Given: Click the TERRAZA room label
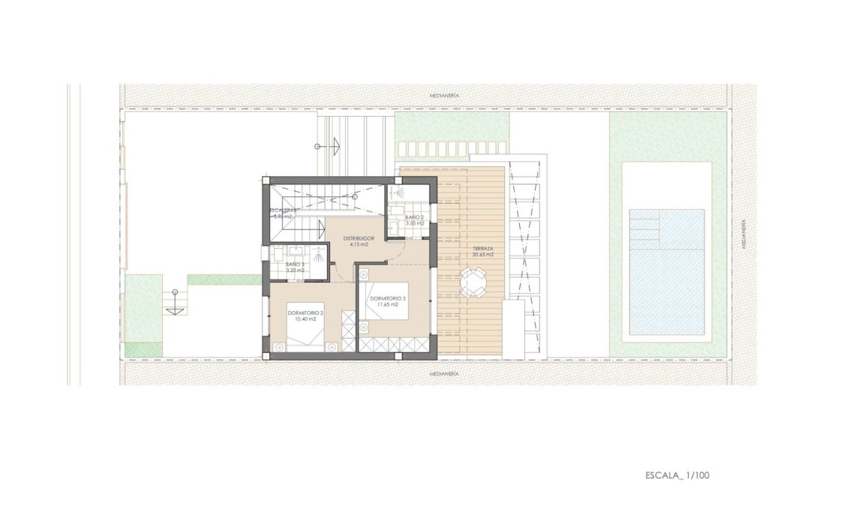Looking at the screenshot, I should tap(482, 248).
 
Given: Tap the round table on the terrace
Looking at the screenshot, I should tap(473, 283).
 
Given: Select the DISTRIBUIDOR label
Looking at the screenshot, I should tap(359, 238).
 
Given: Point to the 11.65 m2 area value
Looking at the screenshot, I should tap(388, 306).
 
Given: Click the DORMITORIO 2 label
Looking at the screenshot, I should tap(305, 312).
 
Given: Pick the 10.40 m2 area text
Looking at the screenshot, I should tap(305, 319).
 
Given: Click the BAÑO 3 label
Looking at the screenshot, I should tap(295, 264).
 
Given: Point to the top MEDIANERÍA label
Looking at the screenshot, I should tap(443, 96).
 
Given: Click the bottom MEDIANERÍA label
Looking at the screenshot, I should tap(443, 372).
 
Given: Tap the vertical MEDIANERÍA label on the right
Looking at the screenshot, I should tap(742, 234).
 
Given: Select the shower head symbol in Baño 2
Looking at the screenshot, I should tap(399, 193).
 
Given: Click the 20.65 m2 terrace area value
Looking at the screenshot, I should tap(482, 255).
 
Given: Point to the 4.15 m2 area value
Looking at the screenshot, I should tap(359, 245).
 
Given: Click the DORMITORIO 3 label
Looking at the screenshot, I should tap(388, 299).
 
